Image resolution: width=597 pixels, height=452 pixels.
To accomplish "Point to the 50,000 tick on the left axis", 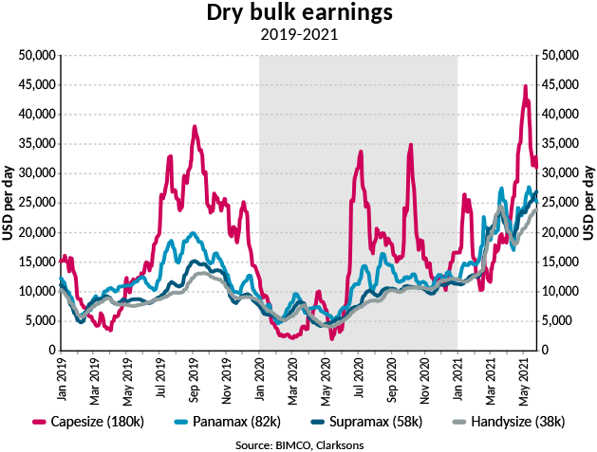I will (x=35, y=55).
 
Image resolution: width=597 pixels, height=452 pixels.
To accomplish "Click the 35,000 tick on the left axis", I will (x=35, y=143).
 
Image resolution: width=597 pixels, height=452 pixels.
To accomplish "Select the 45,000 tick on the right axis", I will (x=560, y=84).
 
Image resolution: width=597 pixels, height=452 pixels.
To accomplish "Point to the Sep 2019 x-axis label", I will (x=194, y=376).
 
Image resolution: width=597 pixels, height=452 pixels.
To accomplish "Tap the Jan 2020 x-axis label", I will (x=260, y=376).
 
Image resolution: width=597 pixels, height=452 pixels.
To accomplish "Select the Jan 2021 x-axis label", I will (x=458, y=376).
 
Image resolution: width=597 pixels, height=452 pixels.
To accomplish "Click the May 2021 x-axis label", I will (x=524, y=376).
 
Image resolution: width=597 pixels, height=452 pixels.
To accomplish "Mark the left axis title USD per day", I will (x=9, y=202).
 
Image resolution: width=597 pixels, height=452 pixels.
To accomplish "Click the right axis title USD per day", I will (x=588, y=202).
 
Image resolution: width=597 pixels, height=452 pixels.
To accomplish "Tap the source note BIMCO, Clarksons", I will (x=299, y=442).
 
